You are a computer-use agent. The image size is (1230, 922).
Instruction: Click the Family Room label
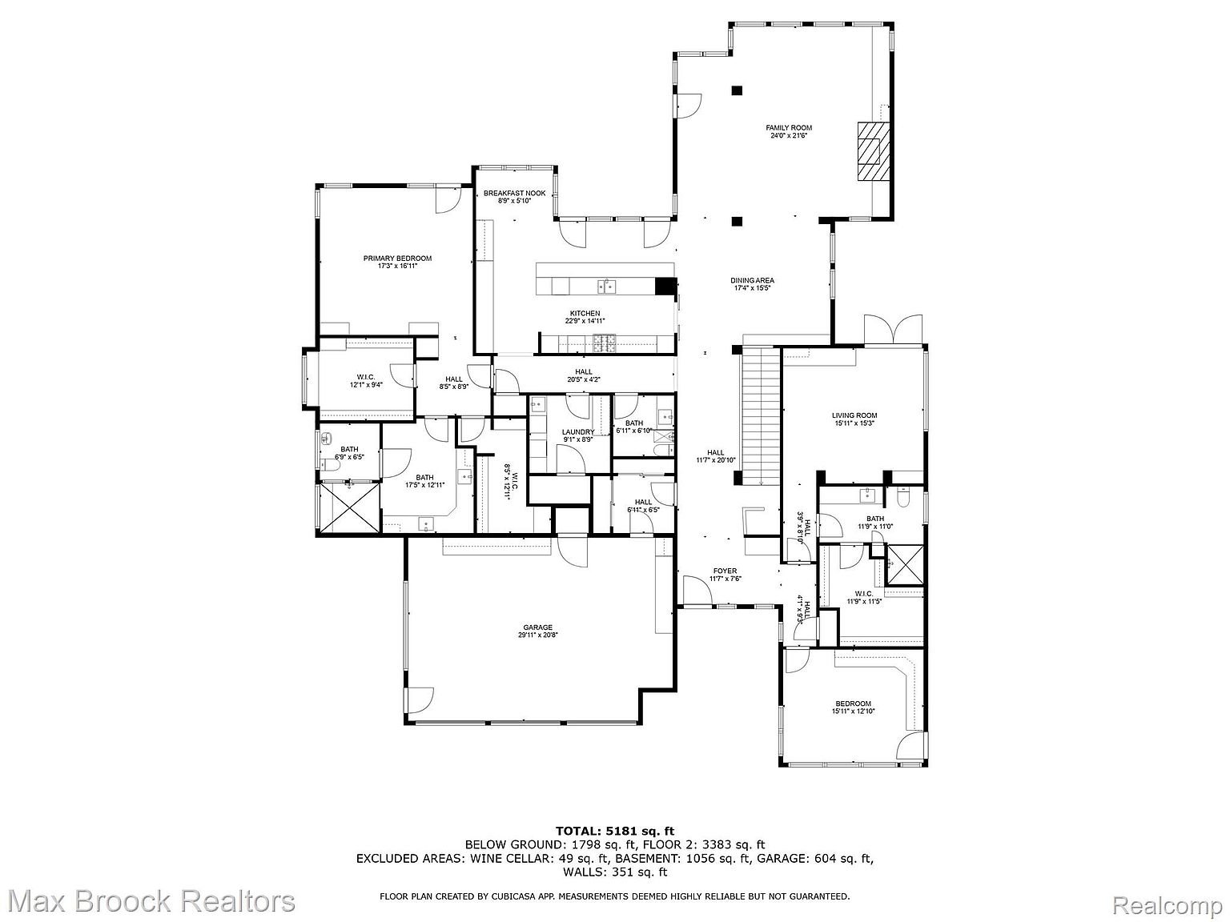coord(788,127)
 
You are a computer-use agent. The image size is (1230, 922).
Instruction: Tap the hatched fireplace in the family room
coord(870,151)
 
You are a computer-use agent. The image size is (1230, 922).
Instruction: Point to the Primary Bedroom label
coord(397,258)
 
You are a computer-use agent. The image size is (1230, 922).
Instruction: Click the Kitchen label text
coord(585,313)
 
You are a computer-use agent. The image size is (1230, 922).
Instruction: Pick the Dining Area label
coord(752,280)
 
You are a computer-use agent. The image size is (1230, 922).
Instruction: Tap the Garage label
coord(537,627)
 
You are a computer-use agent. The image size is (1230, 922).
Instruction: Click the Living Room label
coord(854,415)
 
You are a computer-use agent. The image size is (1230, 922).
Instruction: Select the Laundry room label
coord(577,432)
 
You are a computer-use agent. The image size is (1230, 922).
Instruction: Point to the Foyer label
coord(725,571)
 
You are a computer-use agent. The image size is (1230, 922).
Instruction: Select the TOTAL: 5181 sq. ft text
coord(614,831)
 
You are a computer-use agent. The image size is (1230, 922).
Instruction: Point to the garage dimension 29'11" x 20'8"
coord(537,635)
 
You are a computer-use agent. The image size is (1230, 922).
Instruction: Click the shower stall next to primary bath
coord(348,507)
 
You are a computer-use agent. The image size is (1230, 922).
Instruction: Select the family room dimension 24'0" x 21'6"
coord(788,136)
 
